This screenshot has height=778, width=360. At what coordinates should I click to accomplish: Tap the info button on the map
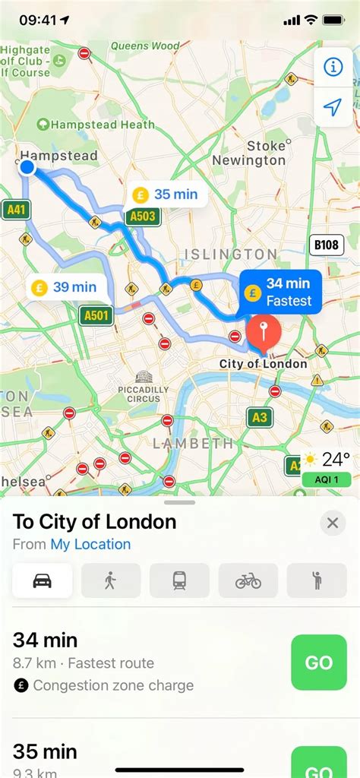(333, 67)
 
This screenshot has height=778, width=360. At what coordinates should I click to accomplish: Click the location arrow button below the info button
(333, 107)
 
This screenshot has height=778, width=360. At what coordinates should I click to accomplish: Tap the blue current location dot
(27, 167)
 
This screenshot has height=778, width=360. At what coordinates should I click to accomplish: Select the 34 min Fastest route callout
(279, 292)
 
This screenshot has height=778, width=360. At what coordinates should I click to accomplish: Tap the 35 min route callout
(166, 194)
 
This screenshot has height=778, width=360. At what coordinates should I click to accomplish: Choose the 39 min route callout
(65, 287)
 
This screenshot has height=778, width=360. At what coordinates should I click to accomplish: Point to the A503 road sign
(142, 217)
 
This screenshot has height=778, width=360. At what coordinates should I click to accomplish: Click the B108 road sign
(327, 245)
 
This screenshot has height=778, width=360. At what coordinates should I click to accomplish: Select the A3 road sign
(259, 416)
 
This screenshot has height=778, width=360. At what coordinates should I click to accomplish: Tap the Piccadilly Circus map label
(143, 387)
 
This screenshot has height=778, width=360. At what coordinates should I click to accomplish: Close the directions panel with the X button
(332, 523)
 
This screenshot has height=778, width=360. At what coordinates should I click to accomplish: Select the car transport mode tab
(43, 581)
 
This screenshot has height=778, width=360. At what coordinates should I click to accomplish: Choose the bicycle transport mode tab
(248, 581)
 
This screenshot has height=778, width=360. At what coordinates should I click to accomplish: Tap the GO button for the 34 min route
(319, 663)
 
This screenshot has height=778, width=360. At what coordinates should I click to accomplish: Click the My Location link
(90, 544)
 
